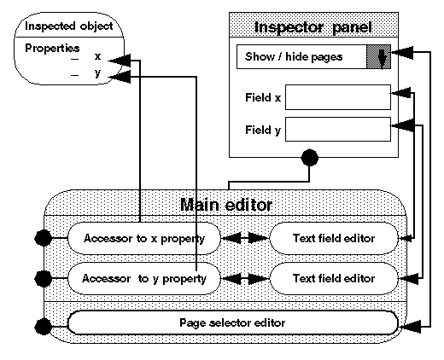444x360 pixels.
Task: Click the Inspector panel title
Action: pos(313,26)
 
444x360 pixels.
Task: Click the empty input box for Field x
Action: pos(338,97)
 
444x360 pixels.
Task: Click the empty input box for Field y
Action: pos(338,130)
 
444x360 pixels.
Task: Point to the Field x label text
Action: pos(263,98)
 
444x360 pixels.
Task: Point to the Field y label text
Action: pos(263,131)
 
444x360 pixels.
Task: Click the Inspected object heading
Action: pos(62,25)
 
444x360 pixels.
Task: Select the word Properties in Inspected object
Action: pos(52,48)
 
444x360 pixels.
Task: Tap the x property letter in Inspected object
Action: pos(97,57)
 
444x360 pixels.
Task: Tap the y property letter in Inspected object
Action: pos(97,74)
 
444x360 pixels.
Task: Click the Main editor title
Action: pos(226,205)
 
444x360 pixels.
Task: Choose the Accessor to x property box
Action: pos(143,237)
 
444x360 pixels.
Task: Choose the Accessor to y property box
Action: pos(143,278)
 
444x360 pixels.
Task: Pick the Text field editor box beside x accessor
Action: pos(334,237)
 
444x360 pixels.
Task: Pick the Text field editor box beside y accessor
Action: pos(334,278)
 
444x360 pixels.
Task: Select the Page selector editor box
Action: pos(232,323)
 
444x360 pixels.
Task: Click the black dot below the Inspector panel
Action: pos(310,158)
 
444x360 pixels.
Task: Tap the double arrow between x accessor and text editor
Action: pos(244,237)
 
